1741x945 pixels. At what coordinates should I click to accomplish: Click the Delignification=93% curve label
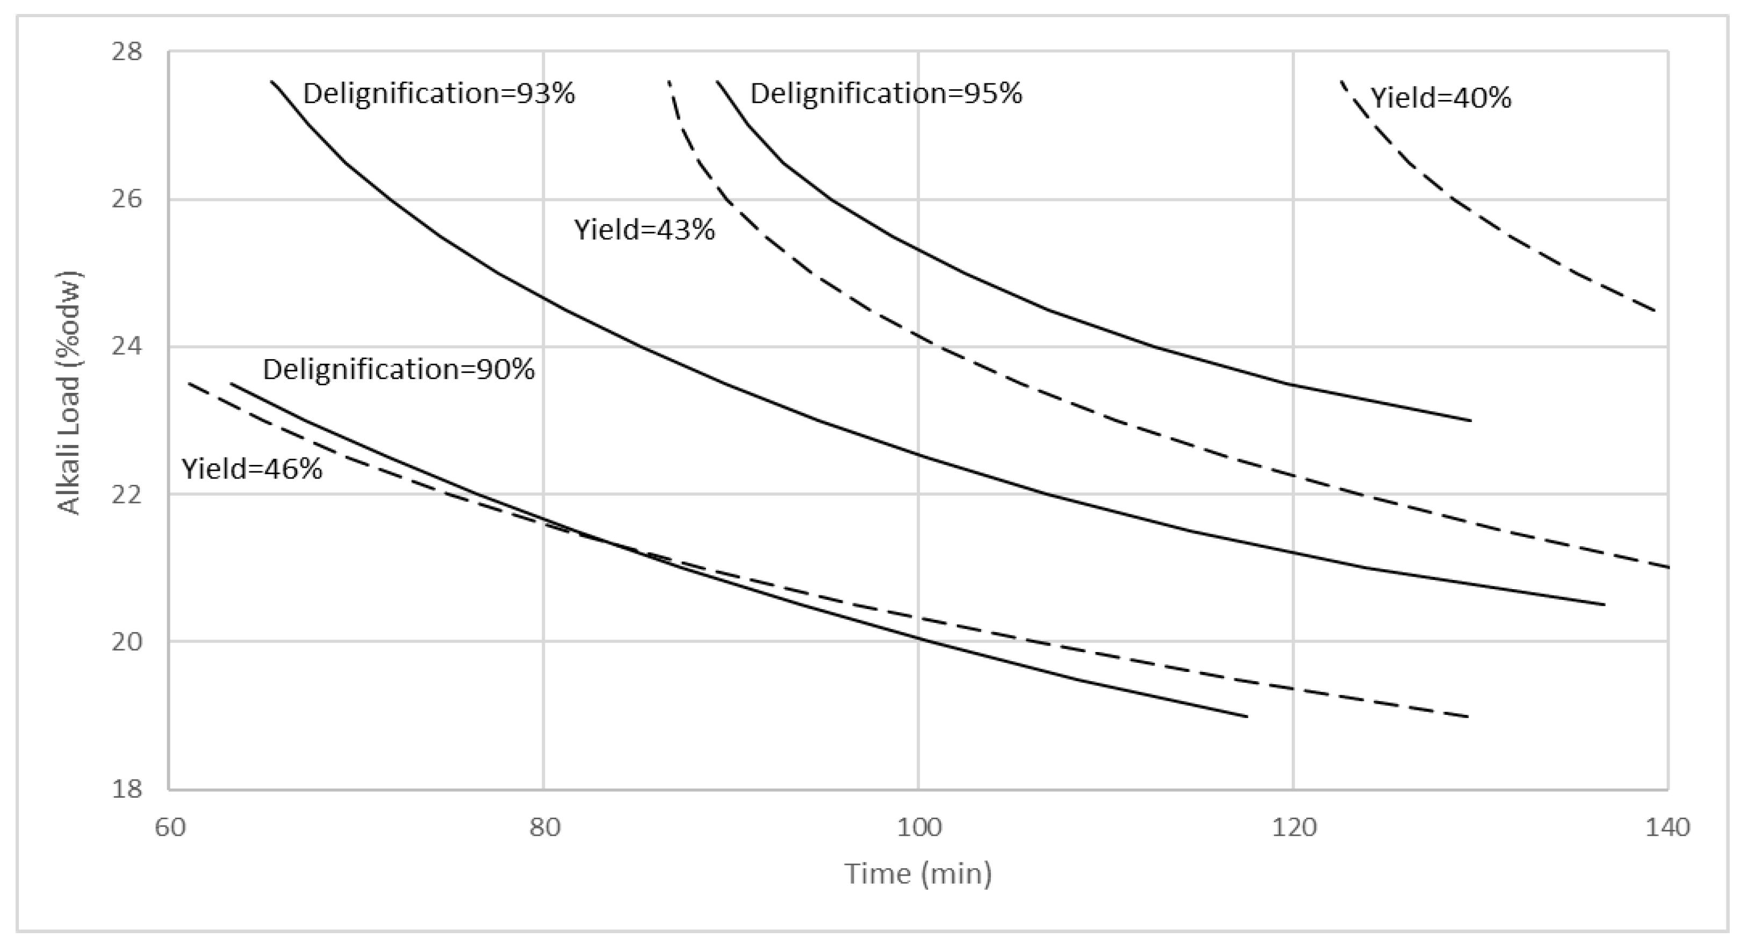pos(438,94)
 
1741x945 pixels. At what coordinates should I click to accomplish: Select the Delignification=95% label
pos(886,94)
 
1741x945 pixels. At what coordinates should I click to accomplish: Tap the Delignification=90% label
pos(399,369)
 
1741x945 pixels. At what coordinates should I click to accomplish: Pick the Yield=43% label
pos(644,230)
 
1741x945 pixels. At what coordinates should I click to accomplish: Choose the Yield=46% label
pos(252,468)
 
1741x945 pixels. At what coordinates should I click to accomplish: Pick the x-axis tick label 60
pos(170,827)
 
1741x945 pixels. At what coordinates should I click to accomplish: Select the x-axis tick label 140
pos(1667,827)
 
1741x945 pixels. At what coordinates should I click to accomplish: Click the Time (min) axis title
pos(918,874)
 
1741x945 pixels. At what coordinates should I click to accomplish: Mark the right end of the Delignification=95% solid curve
pos(1471,420)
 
